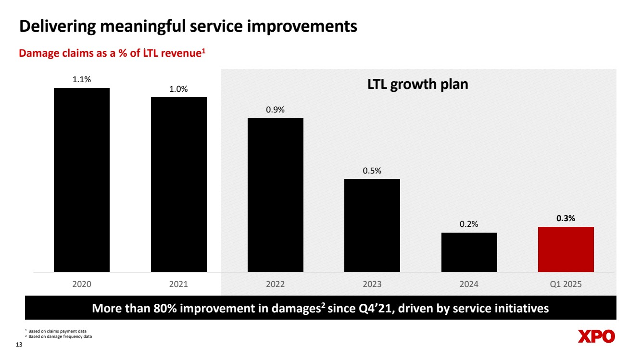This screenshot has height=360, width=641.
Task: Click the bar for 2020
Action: click(82, 180)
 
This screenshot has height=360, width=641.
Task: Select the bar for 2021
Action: click(179, 185)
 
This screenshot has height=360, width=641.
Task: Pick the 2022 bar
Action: click(276, 195)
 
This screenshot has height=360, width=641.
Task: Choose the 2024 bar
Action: click(469, 252)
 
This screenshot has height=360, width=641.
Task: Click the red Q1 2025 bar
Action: click(566, 249)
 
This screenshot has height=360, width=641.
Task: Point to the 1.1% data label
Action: click(82, 80)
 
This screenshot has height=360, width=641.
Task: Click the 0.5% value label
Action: click(372, 171)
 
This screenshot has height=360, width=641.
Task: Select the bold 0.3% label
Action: click(566, 218)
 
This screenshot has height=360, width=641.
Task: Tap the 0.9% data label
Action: click(276, 110)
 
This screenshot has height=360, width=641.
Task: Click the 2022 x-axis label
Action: click(276, 284)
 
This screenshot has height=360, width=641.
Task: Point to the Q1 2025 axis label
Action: click(566, 284)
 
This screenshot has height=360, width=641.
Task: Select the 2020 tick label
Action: click(82, 284)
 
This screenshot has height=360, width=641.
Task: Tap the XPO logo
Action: click(596, 336)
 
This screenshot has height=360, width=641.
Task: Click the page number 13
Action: click(20, 345)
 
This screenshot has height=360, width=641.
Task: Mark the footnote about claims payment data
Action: click(59, 331)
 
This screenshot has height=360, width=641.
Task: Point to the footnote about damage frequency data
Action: click(60, 336)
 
